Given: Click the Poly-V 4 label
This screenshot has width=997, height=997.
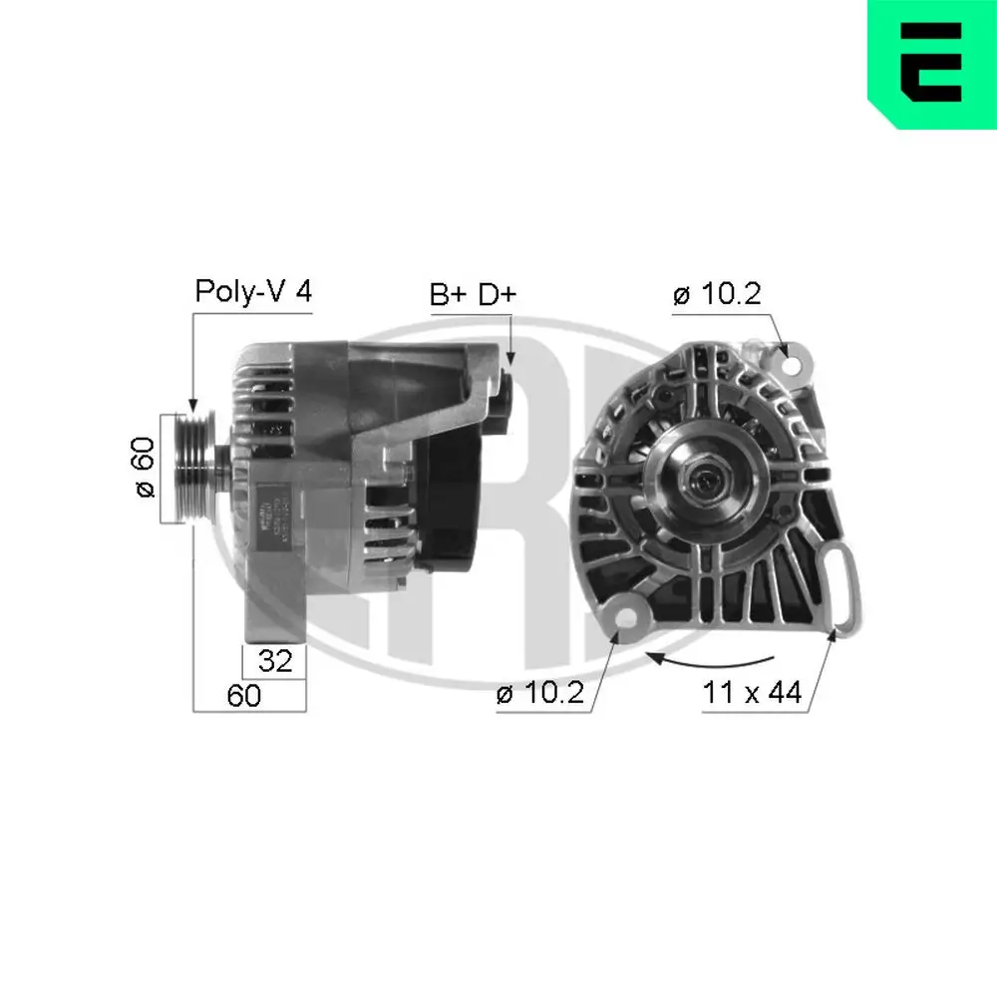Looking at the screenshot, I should point(253,291).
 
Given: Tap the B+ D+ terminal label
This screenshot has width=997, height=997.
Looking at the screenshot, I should point(473,295).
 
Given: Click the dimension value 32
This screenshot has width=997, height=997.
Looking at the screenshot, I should point(274,660).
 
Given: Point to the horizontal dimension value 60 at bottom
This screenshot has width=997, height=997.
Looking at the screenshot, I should point(243,695).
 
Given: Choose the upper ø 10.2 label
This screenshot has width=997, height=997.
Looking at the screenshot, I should point(716,295).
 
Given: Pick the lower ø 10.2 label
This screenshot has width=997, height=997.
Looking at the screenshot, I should point(538,694).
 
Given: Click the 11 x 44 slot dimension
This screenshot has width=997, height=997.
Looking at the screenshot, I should point(752,694).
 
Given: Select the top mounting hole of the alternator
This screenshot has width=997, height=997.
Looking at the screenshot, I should point(793,364).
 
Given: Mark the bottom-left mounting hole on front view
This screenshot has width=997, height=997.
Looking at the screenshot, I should point(625,616).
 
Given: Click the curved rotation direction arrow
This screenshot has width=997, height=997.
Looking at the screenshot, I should point(710,659).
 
